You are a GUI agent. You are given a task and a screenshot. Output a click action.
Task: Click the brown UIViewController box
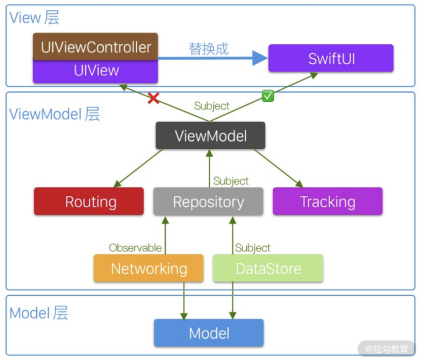click(x=95, y=47)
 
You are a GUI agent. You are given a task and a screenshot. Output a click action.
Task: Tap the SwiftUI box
click(x=331, y=58)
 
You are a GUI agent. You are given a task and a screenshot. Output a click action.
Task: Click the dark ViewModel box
click(x=210, y=136)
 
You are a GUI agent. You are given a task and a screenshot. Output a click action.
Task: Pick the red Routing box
click(x=89, y=201)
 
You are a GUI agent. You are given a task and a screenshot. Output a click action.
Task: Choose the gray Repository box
click(x=208, y=201)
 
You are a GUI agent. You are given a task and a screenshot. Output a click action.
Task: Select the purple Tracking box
click(x=328, y=201)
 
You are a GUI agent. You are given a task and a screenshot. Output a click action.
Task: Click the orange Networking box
click(x=149, y=268)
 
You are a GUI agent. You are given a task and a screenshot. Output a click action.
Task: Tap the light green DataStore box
click(x=268, y=268)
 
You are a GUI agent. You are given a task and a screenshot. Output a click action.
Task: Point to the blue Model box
click(x=209, y=333)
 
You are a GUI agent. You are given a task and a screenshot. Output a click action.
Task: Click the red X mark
click(x=153, y=98)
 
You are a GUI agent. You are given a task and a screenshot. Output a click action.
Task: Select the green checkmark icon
click(x=268, y=96)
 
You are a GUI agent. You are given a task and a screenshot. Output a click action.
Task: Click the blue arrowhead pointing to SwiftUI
click(x=259, y=58)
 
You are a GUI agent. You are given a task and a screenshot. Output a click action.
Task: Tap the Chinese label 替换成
click(x=209, y=49)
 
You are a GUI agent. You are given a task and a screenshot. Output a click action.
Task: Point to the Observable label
click(x=135, y=248)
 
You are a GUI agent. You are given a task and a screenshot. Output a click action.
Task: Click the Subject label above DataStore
click(x=253, y=248)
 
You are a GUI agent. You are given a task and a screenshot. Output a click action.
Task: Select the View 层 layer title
click(x=34, y=17)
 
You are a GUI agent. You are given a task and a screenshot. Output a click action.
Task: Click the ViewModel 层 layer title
click(x=54, y=114)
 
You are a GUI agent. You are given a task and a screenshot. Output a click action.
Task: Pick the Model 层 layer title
click(x=39, y=313)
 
